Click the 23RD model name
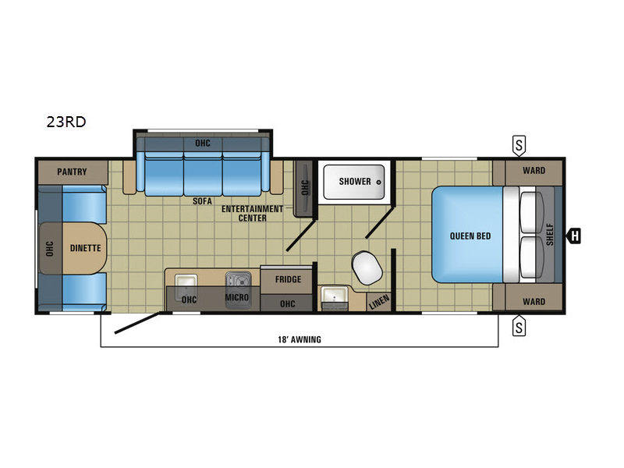(66, 122)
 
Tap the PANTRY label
(72, 172)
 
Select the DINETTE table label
(86, 248)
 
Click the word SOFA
(202, 201)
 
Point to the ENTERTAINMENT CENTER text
(252, 213)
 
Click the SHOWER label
(355, 182)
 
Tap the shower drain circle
(379, 183)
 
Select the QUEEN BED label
(470, 236)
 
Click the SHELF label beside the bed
(550, 235)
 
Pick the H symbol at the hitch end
(575, 236)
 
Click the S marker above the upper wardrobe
(519, 146)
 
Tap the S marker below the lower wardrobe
(519, 325)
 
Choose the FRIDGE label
(288, 279)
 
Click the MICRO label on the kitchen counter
(237, 297)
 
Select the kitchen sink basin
(186, 281)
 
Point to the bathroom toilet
(367, 268)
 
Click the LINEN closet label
(379, 303)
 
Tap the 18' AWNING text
(300, 339)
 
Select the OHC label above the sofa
(203, 143)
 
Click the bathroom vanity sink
(335, 296)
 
